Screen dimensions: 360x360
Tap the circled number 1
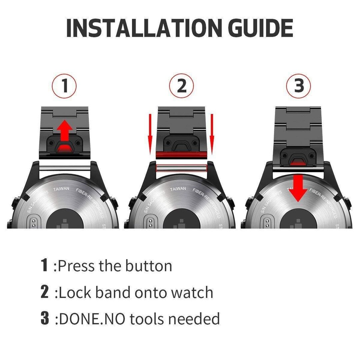[64, 86]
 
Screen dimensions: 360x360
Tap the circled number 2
[182, 86]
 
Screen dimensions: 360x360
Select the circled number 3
[299, 86]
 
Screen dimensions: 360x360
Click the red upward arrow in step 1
[65, 131]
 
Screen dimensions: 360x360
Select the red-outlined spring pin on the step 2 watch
[182, 168]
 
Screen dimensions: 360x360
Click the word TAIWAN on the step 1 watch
[62, 189]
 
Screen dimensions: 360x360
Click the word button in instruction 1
[149, 266]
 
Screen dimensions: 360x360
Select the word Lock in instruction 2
[75, 293]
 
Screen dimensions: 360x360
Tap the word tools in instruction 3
[147, 319]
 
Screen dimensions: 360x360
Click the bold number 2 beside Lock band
[45, 292]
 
